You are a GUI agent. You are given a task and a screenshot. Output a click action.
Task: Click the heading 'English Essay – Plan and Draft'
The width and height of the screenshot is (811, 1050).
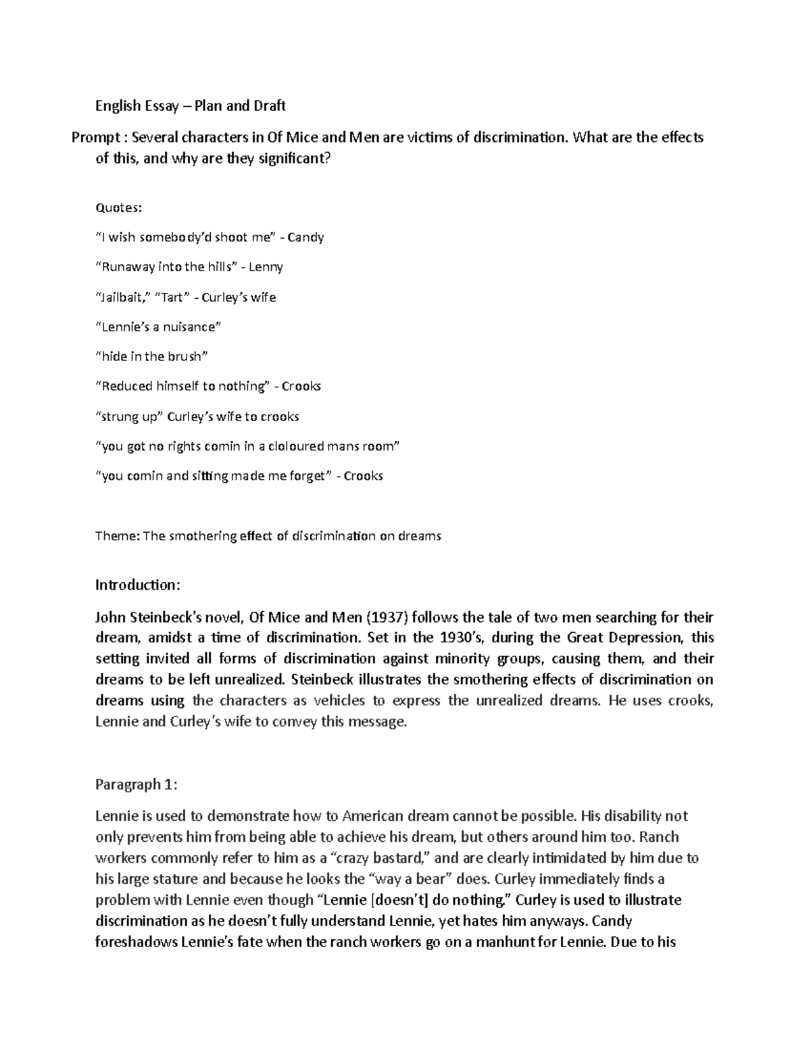tap(190, 105)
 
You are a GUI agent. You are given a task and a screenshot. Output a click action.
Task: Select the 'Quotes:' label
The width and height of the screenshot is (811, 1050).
tap(118, 208)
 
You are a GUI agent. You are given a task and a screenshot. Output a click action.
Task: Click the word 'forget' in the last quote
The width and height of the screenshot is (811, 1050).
tap(308, 476)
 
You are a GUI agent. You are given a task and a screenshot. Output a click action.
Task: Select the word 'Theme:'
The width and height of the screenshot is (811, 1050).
tap(118, 536)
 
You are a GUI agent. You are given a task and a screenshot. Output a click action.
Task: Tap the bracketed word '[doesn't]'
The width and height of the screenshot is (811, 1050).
tap(401, 900)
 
